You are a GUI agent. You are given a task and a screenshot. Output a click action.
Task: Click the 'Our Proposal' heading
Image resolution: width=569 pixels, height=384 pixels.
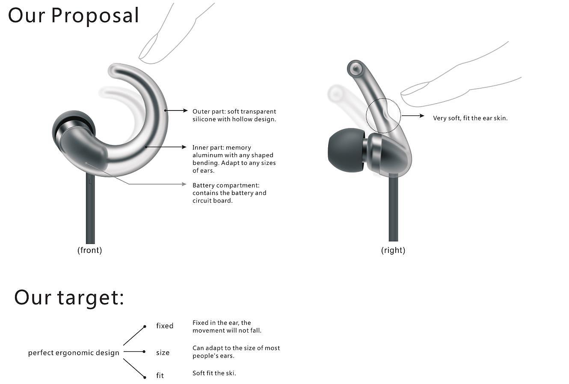[74, 15]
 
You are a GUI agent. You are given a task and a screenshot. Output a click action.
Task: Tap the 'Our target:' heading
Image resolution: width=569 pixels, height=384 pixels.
[69, 297]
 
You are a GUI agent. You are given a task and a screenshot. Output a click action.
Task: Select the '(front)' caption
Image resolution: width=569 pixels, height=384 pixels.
[89, 250]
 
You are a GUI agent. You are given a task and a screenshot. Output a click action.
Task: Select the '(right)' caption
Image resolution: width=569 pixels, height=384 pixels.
[393, 250]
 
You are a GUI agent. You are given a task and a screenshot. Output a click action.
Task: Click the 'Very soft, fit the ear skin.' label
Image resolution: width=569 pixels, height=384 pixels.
[470, 118]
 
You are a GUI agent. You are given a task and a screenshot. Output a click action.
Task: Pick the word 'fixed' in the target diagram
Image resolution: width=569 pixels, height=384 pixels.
[165, 326]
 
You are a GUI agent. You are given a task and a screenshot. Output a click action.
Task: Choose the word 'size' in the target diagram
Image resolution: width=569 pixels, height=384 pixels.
[163, 353]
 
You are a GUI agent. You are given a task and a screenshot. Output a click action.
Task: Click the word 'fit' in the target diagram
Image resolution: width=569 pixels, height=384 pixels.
[160, 375]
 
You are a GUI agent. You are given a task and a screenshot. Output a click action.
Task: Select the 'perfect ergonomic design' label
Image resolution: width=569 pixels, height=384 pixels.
[74, 353]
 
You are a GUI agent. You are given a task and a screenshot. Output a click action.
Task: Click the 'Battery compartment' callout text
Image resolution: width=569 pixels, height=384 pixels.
[229, 193]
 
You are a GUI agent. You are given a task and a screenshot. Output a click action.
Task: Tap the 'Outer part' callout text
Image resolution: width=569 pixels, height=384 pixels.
[234, 115]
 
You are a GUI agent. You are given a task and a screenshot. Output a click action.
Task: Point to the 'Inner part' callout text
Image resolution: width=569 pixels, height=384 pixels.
[234, 159]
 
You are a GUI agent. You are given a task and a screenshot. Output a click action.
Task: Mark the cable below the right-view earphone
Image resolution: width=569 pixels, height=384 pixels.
[393, 210]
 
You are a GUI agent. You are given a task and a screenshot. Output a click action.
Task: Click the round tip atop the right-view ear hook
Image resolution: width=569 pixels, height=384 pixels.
[355, 68]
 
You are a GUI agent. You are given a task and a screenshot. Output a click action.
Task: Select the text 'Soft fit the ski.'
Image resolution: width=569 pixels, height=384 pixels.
[214, 373]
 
